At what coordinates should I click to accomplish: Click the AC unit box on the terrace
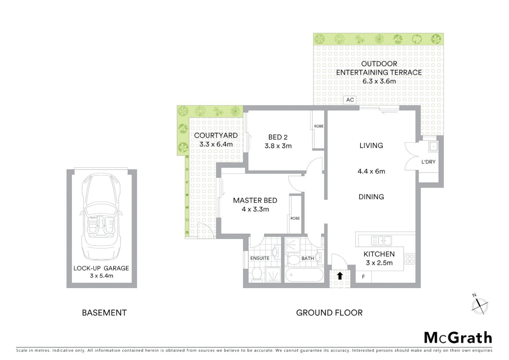(x=350, y=100)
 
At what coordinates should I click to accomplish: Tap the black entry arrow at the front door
(x=340, y=276)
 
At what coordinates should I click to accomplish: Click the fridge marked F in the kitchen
(x=363, y=277)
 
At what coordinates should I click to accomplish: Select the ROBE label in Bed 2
(x=319, y=126)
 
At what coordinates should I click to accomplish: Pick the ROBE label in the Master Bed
(x=295, y=218)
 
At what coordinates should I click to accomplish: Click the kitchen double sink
(x=381, y=240)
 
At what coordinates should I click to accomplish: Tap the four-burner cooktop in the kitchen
(x=410, y=259)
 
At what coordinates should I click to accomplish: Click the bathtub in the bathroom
(x=304, y=275)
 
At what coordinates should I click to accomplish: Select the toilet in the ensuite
(x=257, y=274)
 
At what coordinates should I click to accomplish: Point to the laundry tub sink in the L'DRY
(x=433, y=146)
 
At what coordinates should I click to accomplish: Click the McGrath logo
(x=458, y=338)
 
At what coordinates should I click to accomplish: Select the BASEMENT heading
(x=104, y=313)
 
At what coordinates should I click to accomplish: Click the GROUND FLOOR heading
(x=329, y=313)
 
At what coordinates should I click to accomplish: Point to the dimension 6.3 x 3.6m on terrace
(x=379, y=81)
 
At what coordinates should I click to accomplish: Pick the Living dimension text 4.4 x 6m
(x=371, y=171)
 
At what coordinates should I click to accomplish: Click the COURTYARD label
(x=216, y=135)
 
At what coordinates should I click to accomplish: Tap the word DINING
(x=371, y=197)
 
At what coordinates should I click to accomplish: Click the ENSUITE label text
(x=260, y=258)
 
